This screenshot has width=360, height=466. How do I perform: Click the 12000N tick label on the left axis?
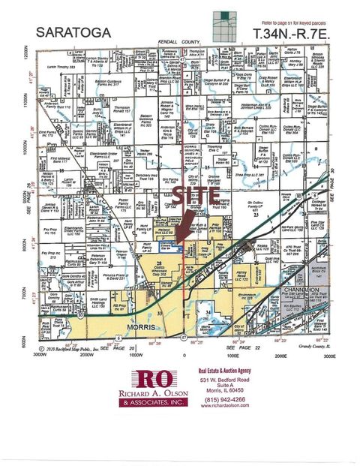pyautogui.click(x=26, y=56)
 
